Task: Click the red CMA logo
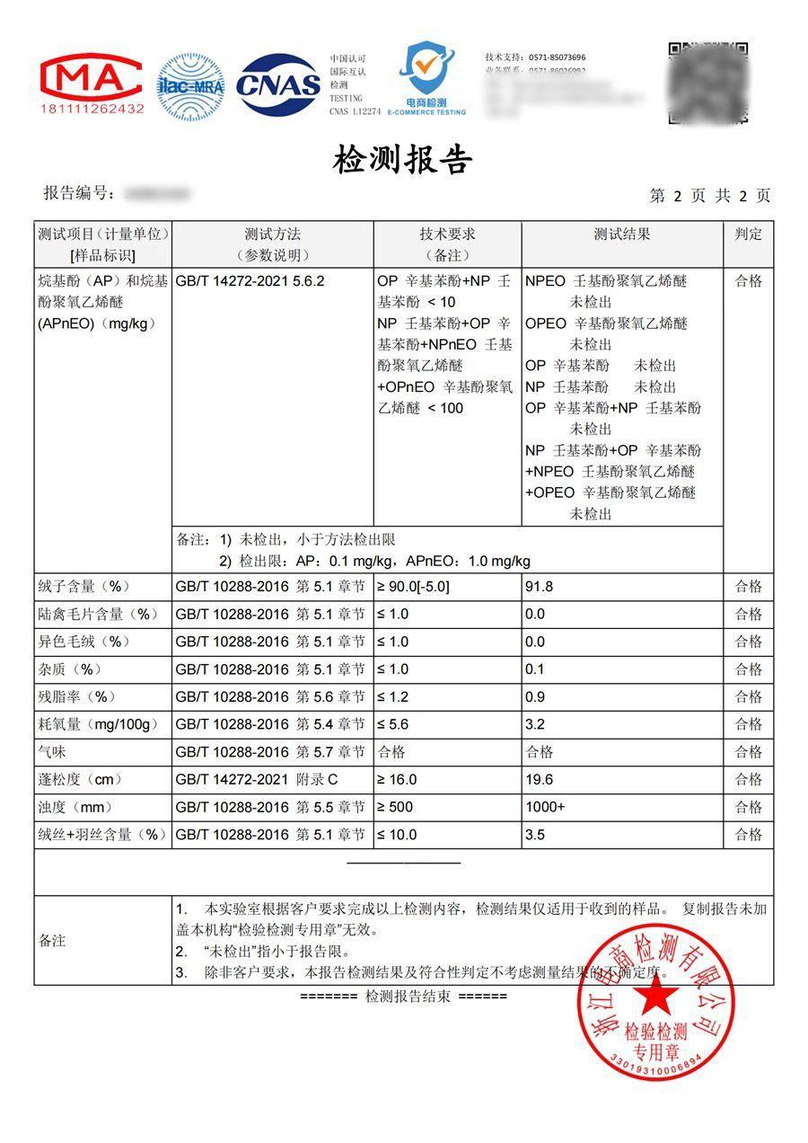pos(92,84)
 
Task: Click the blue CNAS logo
pos(278,85)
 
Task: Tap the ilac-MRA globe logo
pos(190,86)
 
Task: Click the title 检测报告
pos(403,160)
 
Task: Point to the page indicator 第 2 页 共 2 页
pos(709,196)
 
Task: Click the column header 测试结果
pos(621,235)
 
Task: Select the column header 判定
pos(748,235)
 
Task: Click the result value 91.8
pos(539,587)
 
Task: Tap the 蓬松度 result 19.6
pos(539,779)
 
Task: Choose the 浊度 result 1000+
pos(545,807)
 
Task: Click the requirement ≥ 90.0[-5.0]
pos(413,587)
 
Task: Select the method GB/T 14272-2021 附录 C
pos(259,779)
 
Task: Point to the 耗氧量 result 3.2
pos(535,724)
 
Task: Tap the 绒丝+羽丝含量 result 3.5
pos(535,835)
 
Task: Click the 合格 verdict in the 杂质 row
pos(748,669)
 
